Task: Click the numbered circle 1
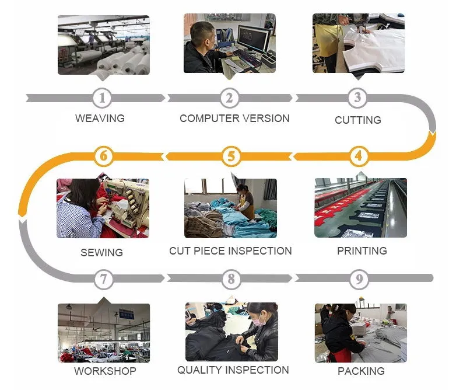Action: [x=103, y=98]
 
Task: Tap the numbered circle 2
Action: [x=230, y=98]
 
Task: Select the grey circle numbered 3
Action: [x=358, y=98]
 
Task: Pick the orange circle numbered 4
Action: [x=359, y=156]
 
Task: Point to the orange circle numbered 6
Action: [x=104, y=156]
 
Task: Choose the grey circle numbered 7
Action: [x=104, y=279]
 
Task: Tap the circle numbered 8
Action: [x=232, y=279]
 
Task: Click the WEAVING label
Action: [x=100, y=118]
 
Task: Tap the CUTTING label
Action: [x=357, y=120]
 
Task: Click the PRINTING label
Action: [x=362, y=250]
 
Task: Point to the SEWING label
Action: [x=101, y=253]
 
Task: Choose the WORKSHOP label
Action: [x=105, y=371]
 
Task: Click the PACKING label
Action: [x=361, y=371]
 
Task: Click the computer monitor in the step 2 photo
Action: [x=253, y=39]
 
